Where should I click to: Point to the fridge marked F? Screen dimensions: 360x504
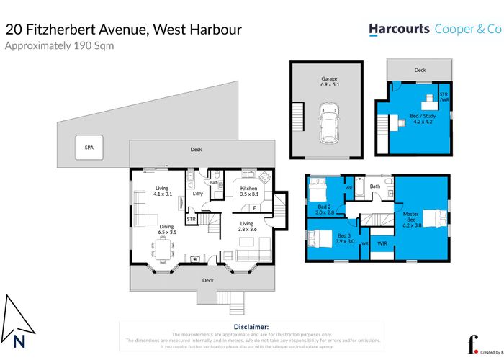coord(253,208)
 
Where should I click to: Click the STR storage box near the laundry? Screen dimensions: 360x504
coord(192,218)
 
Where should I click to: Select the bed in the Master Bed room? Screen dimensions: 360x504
coord(433,217)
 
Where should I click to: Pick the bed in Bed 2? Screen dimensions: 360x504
coord(318,192)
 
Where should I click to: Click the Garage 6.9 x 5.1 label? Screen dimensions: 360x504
coord(329,81)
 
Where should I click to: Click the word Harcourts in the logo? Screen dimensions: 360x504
coord(400,30)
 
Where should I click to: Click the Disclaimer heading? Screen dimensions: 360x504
coord(251,327)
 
